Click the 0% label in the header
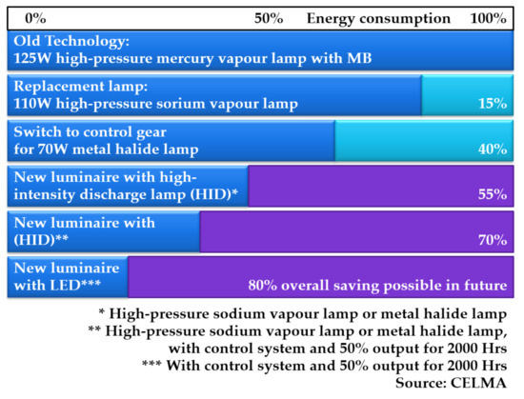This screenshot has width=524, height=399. [x=35, y=18]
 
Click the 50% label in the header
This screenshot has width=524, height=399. [x=269, y=18]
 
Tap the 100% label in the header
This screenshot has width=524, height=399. [x=488, y=18]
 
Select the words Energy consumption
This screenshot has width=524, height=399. [x=378, y=19]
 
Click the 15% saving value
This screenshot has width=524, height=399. [x=493, y=103]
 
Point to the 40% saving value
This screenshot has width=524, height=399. [x=493, y=149]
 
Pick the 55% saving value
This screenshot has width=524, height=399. [x=493, y=194]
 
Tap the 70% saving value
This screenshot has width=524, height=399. [x=493, y=240]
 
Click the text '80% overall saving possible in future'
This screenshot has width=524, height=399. [x=377, y=286]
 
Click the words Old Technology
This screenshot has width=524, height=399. [x=71, y=41]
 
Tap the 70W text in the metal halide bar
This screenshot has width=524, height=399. [x=52, y=150]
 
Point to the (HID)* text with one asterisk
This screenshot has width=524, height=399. [x=213, y=194]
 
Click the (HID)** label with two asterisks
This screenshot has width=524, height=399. [x=41, y=240]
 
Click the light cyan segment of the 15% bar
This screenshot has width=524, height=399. [x=467, y=95]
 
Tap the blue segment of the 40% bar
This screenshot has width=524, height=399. [x=171, y=141]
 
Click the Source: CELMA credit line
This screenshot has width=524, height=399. [x=452, y=383]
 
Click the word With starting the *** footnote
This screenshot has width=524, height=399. [x=183, y=366]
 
